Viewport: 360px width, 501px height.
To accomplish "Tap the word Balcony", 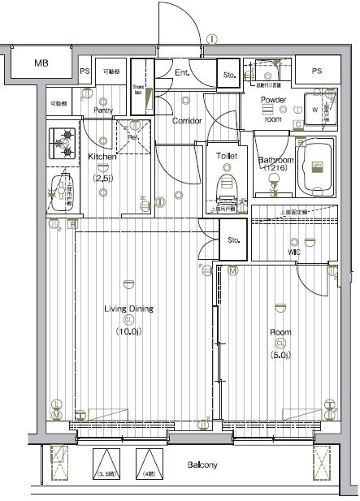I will point(202,465).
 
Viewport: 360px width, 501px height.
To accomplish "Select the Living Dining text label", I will point(128,309).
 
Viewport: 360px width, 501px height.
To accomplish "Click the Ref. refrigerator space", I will point(132,136).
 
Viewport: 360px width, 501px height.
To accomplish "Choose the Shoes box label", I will point(138,89).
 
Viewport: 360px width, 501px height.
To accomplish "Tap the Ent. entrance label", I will point(182,74).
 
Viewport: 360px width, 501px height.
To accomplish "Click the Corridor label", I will point(187,121).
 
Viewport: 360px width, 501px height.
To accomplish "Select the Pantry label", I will point(102,110).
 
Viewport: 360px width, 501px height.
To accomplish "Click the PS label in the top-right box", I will point(316,71).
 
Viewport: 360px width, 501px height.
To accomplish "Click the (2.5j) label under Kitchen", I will point(102,178).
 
